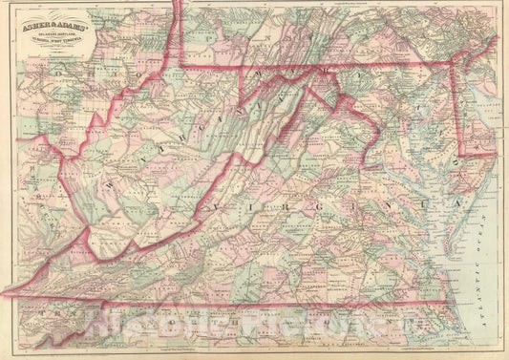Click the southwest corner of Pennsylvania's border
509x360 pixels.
183,69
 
